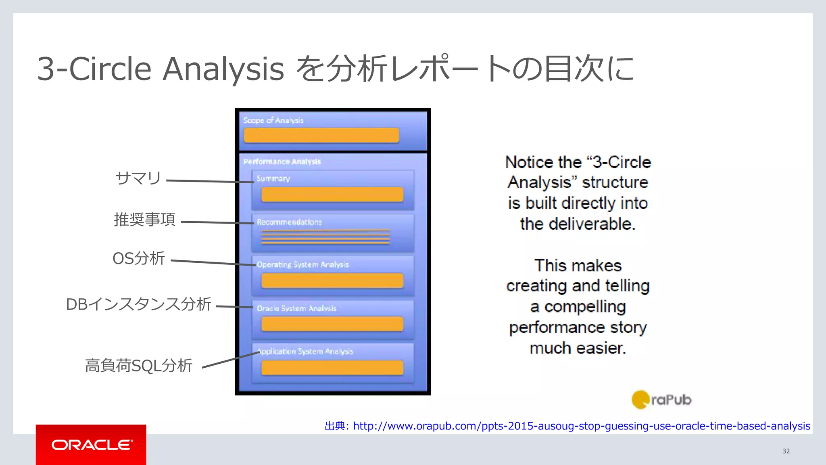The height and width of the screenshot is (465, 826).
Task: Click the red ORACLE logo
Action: click(91, 445)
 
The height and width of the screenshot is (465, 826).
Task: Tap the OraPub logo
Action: click(661, 400)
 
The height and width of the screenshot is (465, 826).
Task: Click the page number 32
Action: click(786, 451)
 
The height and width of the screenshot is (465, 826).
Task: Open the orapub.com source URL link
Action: click(581, 426)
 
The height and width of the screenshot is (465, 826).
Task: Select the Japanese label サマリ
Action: click(138, 178)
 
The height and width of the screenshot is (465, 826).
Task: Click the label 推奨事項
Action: click(145, 219)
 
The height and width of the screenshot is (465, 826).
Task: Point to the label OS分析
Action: click(139, 258)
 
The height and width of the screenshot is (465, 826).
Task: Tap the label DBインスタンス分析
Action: click(138, 304)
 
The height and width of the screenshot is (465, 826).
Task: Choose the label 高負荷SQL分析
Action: click(138, 366)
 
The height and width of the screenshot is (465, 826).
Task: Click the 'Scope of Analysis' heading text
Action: click(273, 120)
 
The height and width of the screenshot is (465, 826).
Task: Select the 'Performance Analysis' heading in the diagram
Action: click(282, 161)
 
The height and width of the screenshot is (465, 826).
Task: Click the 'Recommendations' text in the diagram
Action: click(289, 222)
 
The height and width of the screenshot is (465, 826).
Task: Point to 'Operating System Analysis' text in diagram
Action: click(302, 265)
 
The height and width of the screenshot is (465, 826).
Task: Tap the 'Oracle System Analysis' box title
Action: click(296, 308)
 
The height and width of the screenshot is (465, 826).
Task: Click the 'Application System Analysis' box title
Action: click(305, 351)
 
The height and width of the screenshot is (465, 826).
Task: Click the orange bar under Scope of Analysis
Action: click(321, 135)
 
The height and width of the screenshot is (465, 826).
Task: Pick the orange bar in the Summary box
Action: click(332, 194)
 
